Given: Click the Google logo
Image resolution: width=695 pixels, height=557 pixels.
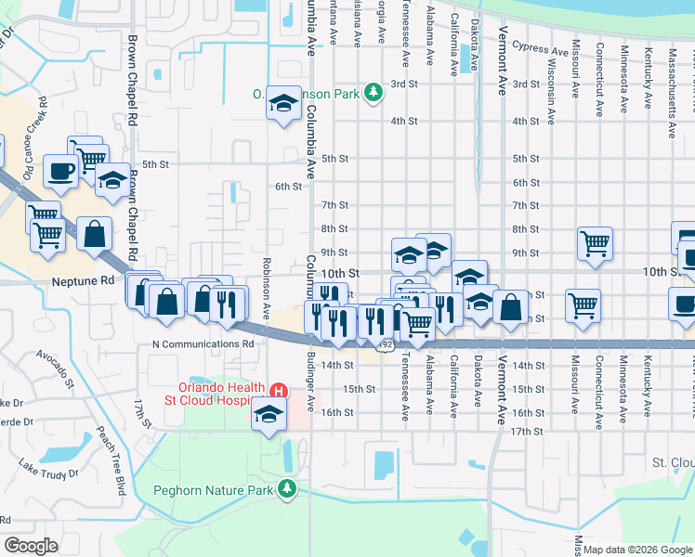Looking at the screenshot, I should pos(31,546).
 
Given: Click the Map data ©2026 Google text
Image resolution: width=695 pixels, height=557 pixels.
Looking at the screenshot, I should pos(637,550).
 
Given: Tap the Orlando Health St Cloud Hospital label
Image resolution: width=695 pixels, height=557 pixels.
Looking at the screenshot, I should pos(215,394).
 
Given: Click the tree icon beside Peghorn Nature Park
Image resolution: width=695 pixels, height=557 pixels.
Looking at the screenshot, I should pos(288,487).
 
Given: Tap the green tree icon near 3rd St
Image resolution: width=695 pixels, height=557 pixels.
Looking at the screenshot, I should pos(373,92).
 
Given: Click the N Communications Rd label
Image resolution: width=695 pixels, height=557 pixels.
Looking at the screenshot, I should pos(203,343).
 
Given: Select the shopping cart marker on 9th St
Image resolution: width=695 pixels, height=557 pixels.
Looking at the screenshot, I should pos(595,243).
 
